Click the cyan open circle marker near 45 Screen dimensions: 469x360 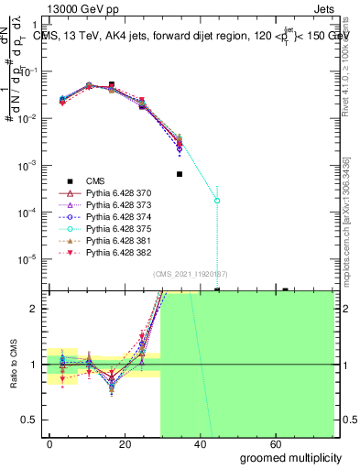[x=217, y=200]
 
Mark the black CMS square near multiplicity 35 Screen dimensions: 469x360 [x=180, y=173]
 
